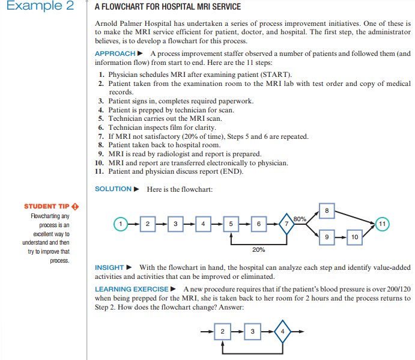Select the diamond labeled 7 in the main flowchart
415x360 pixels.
[x=286, y=224]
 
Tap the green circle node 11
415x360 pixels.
[x=383, y=224]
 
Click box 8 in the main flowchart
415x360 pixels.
[x=326, y=211]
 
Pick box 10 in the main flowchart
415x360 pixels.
[x=354, y=237]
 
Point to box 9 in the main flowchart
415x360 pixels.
[x=326, y=237]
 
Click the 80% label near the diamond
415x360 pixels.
[x=301, y=218]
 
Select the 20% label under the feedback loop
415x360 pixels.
[x=259, y=249]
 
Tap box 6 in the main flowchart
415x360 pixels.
[x=258, y=224]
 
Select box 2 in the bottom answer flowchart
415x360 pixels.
[x=223, y=331]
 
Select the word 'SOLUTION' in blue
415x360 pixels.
[x=113, y=189]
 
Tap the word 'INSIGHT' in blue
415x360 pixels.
[x=109, y=267]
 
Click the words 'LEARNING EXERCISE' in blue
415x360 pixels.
[x=132, y=289]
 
